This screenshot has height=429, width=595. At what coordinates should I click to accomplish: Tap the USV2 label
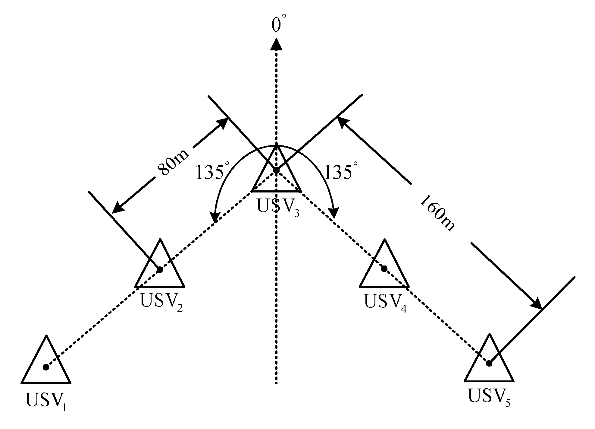[x=161, y=302]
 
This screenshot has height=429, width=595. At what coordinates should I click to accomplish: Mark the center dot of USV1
[x=46, y=367]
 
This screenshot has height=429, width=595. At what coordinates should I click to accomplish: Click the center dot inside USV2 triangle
[x=160, y=269]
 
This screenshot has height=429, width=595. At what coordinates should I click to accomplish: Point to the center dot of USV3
[x=276, y=171]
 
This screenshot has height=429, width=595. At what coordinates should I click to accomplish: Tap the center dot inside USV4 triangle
[x=384, y=269]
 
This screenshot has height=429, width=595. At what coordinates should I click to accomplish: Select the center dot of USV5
[x=489, y=363]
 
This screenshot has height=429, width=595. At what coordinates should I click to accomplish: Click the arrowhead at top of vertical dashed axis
[x=276, y=45]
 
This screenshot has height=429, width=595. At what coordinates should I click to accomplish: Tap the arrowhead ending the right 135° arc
[x=334, y=213]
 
